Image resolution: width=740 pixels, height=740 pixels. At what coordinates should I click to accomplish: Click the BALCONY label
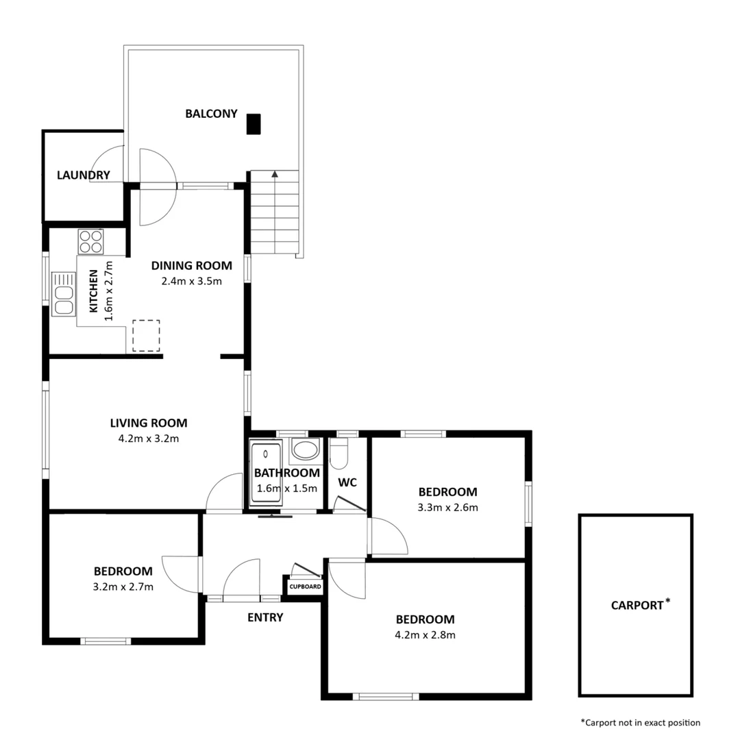(x=211, y=114)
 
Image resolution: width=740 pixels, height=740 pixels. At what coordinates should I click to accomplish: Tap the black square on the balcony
(x=254, y=123)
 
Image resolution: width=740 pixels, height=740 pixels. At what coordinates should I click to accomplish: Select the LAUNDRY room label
(x=83, y=175)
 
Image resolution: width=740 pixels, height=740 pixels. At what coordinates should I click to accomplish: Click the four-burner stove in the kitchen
(x=90, y=241)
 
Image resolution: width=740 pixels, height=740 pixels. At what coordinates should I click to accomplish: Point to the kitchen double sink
(x=63, y=294)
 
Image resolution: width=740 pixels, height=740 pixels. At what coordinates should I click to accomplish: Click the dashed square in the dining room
(x=146, y=336)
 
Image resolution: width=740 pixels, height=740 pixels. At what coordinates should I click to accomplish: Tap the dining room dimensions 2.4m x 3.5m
(x=191, y=280)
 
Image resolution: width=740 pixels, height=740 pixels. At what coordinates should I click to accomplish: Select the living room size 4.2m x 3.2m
(x=149, y=439)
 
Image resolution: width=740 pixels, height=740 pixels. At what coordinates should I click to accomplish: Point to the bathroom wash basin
(x=305, y=450)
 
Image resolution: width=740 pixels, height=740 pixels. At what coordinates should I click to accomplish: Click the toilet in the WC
(x=339, y=454)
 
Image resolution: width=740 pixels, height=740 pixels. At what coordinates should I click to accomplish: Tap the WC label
(x=347, y=482)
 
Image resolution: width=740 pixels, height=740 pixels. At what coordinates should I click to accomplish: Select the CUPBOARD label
(x=305, y=587)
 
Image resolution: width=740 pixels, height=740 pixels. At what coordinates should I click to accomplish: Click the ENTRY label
(x=265, y=617)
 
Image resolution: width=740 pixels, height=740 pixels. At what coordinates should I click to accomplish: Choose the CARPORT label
(x=637, y=605)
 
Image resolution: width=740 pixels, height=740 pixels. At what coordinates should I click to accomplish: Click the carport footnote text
(x=640, y=722)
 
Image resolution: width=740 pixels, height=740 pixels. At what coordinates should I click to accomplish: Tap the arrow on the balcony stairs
(x=275, y=174)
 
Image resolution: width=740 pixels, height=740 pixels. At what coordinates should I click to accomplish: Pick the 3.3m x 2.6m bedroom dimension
(x=447, y=508)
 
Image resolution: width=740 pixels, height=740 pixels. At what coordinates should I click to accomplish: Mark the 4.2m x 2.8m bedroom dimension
(x=425, y=634)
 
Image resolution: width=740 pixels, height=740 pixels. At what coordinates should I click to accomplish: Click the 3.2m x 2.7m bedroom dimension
(x=123, y=587)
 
